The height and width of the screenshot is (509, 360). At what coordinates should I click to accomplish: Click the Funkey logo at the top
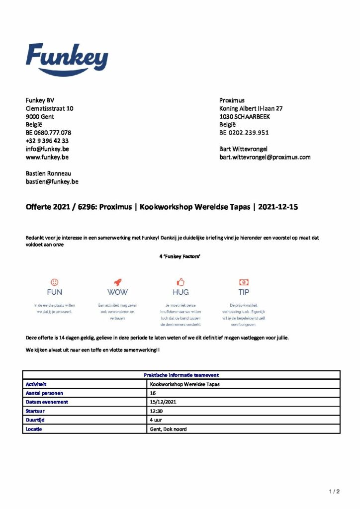coord(67,59)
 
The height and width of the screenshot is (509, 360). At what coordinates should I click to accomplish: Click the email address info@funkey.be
coord(47,149)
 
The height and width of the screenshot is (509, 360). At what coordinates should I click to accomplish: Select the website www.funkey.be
coord(47,157)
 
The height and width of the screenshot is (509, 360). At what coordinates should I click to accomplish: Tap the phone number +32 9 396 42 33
coord(47,141)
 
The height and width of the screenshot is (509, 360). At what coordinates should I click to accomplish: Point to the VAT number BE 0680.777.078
coord(48,133)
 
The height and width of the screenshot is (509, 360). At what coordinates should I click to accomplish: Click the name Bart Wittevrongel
coord(243,149)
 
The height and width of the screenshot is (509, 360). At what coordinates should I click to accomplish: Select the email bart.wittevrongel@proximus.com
coord(265,157)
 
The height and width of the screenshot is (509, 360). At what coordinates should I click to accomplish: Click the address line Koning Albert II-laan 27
coord(251,108)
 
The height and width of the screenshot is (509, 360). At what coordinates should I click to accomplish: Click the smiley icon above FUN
coord(55,282)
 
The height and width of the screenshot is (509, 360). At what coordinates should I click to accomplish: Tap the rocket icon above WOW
coord(117,282)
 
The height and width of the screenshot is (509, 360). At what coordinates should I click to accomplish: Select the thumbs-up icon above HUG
coord(180,282)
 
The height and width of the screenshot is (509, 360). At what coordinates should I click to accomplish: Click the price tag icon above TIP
coord(244,282)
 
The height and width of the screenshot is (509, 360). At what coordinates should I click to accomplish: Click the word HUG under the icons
coord(180,292)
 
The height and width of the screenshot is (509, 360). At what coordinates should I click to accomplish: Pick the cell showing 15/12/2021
coord(161,402)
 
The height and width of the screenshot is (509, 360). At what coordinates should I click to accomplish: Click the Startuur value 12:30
coord(157,411)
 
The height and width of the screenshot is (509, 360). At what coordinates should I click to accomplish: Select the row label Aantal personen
coord(44,393)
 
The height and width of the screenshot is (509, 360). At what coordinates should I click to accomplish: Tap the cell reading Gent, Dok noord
coord(168,428)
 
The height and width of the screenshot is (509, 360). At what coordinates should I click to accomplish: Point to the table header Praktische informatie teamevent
coord(181,375)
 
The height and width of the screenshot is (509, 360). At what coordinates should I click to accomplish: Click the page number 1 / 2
coord(334,492)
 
